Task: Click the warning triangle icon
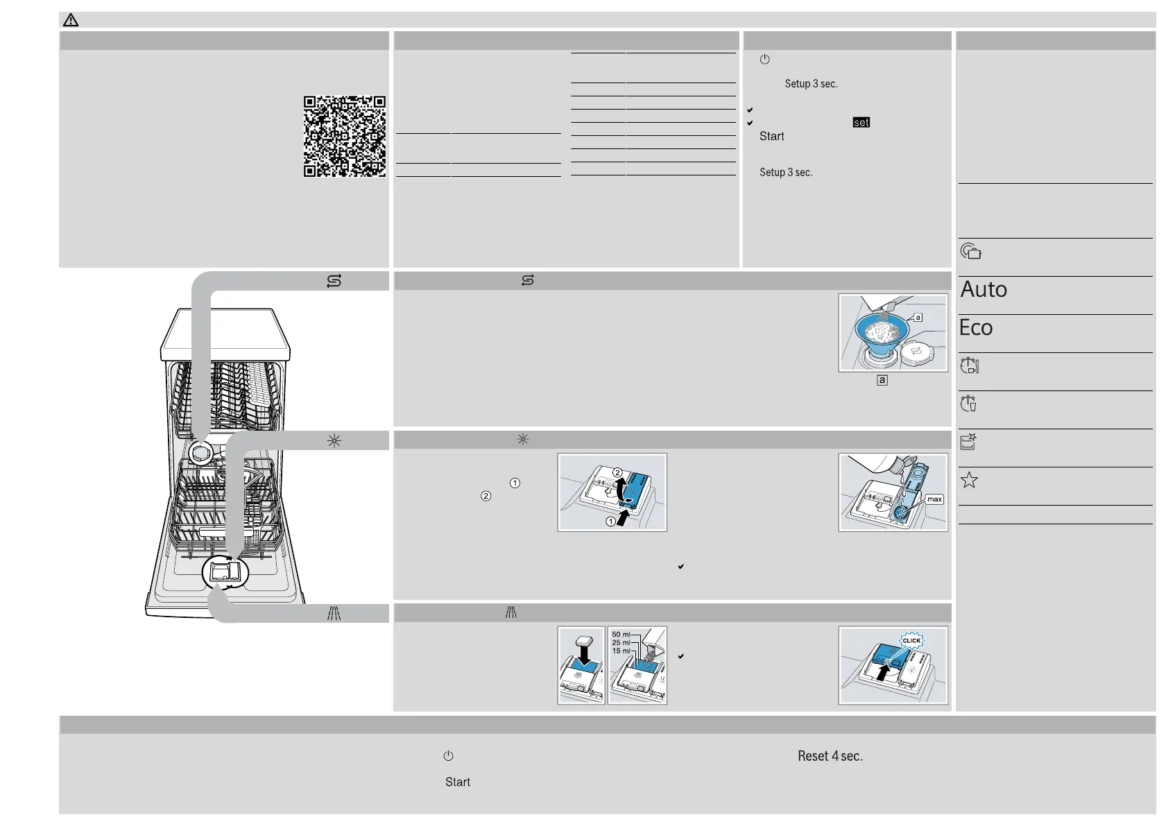71,20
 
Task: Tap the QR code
344,136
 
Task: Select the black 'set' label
861,123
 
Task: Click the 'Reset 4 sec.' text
830,756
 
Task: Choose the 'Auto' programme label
984,289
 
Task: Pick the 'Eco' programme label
976,327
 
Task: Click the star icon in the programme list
969,480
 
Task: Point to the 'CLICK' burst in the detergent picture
911,641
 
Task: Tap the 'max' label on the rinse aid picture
934,499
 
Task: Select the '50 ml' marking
621,635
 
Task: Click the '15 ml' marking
621,651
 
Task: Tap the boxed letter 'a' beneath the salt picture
882,380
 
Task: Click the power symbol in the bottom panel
448,756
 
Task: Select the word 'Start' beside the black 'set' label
771,137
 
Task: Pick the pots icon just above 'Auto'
970,251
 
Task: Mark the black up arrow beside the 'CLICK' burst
882,672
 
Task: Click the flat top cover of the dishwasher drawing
225,333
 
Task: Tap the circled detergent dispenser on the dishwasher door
225,572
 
